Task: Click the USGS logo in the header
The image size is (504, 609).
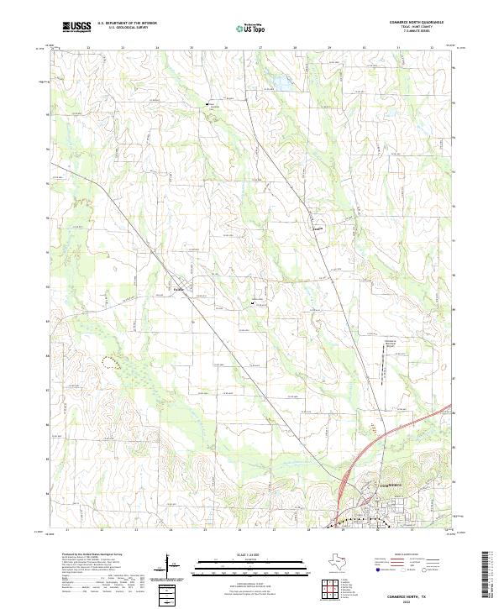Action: (x=76, y=27)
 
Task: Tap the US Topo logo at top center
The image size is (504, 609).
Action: (x=251, y=28)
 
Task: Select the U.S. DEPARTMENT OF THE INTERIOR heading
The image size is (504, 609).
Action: (x=129, y=24)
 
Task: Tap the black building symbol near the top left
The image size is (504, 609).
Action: (x=208, y=104)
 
